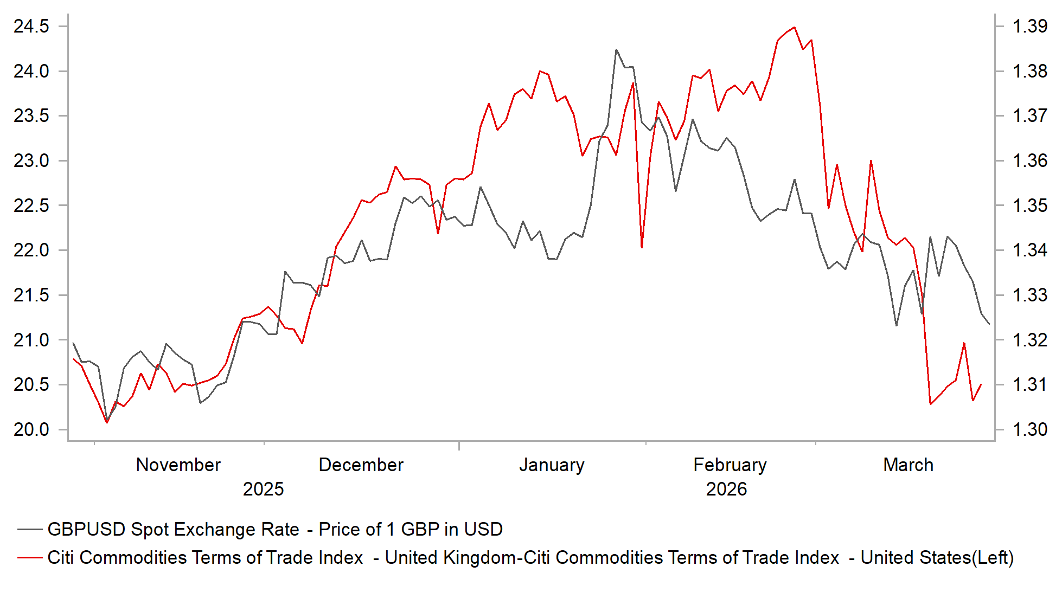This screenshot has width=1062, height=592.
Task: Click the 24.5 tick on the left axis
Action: (31, 26)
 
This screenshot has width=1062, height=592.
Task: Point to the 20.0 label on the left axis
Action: (31, 429)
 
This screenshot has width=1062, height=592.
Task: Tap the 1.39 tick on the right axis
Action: (1030, 26)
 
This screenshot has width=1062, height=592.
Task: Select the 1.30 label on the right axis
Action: (1030, 429)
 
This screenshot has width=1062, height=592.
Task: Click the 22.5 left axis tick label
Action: (31, 205)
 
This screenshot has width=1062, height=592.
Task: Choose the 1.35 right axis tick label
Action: (1030, 205)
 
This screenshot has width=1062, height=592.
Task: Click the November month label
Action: (178, 465)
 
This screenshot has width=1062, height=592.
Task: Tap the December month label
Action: (361, 465)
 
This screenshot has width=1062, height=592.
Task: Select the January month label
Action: (552, 465)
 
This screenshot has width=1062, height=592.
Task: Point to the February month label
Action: (730, 465)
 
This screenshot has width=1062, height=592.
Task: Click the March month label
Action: (908, 465)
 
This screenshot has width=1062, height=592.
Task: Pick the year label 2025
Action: (263, 489)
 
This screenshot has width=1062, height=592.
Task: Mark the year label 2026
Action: (726, 489)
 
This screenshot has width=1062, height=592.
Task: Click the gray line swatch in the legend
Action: (30, 529)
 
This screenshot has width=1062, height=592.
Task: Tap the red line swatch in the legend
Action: (30, 557)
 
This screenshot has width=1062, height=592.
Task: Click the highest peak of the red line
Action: (794, 27)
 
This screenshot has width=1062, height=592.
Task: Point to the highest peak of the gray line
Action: (616, 49)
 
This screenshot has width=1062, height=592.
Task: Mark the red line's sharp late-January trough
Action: (642, 247)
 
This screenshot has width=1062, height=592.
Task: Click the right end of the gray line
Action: (989, 324)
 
